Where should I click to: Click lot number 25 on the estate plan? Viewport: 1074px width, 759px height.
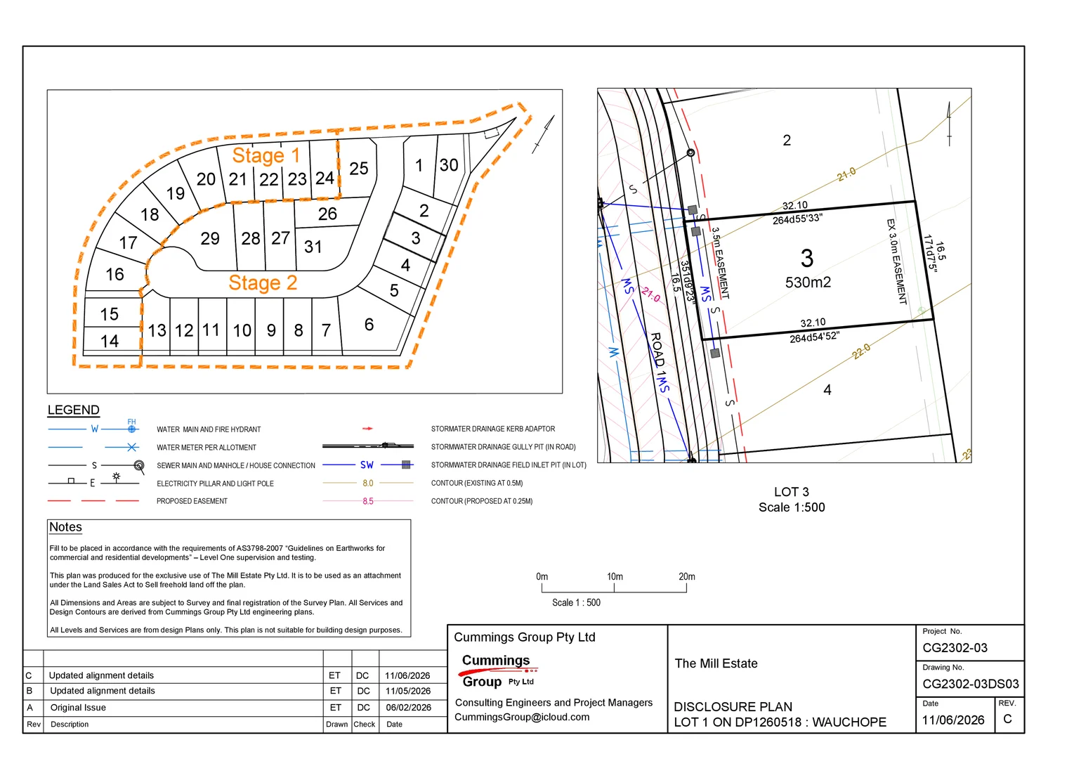359,169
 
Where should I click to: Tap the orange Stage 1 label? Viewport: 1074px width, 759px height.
266,155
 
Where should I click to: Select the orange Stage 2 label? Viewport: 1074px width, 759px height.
263,283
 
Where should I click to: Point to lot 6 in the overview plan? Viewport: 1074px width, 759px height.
369,324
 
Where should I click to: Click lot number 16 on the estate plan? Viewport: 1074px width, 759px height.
114,274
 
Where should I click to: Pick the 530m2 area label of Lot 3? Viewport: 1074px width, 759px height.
808,282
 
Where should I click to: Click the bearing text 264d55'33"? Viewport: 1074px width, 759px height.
797,219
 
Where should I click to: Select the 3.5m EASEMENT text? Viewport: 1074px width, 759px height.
720,263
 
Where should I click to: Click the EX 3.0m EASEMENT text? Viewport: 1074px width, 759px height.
896,261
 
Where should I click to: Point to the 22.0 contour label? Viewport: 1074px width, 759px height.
861,351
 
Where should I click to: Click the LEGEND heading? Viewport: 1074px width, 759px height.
73,410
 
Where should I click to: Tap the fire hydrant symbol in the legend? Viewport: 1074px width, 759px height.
131,429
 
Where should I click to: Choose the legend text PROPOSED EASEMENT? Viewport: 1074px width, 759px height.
192,501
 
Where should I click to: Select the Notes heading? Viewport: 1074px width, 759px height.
66,527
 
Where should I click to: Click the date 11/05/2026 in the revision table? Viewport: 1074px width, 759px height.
407,691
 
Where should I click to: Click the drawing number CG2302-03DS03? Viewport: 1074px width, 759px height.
971,684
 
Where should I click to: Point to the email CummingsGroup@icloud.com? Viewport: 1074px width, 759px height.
522,717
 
